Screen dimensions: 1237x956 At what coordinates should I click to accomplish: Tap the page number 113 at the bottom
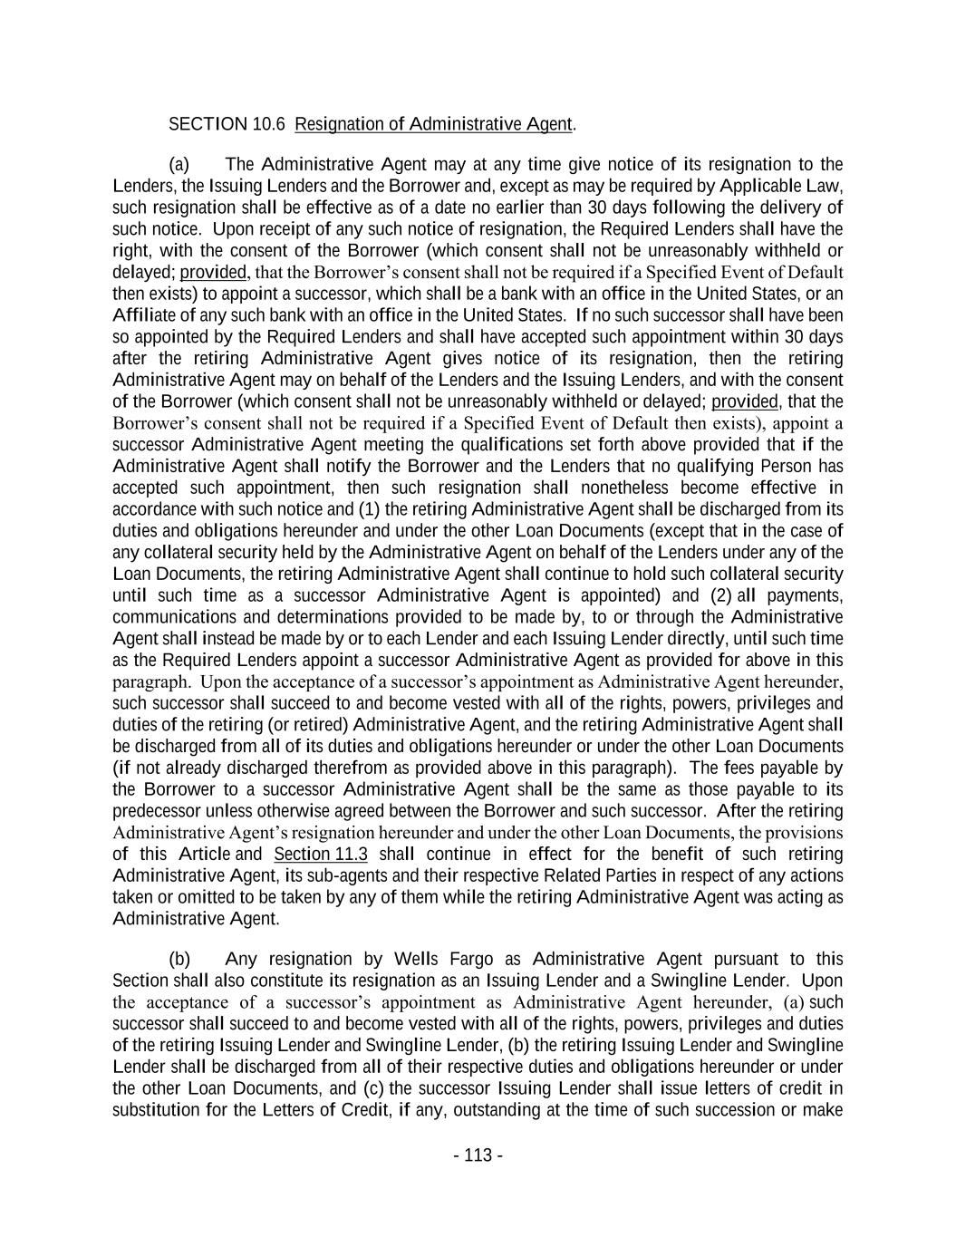(478, 1155)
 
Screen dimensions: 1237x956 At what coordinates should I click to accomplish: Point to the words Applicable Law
(781, 187)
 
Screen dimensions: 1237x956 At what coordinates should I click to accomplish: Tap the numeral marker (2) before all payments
(721, 596)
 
